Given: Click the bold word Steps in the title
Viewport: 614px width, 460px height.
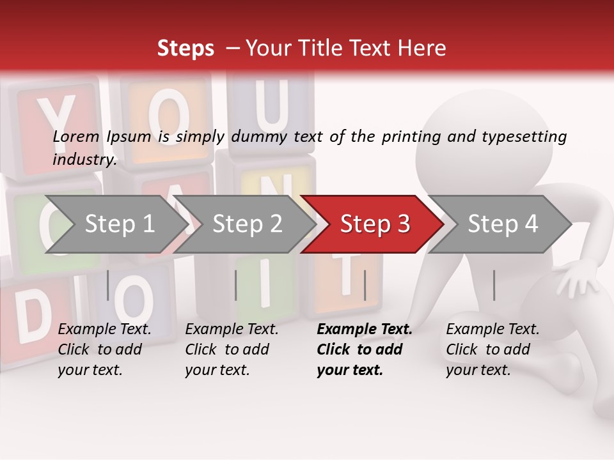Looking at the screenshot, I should pyautogui.click(x=185, y=49).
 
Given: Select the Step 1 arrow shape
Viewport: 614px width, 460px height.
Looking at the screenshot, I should pyautogui.click(x=119, y=224).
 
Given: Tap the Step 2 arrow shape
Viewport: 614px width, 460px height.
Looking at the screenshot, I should pyautogui.click(x=247, y=224).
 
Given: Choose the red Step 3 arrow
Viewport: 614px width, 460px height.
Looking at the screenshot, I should pyautogui.click(x=375, y=224).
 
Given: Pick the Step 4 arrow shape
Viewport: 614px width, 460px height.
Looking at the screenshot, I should pyautogui.click(x=503, y=224).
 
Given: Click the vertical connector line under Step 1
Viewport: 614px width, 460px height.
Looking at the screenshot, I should pyautogui.click(x=107, y=285).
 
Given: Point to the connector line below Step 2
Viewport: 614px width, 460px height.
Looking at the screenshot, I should pyautogui.click(x=236, y=285).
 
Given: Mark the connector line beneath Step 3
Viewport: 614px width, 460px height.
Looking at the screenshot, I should pyautogui.click(x=365, y=285).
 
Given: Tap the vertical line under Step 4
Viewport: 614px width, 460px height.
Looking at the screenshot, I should pyautogui.click(x=494, y=285).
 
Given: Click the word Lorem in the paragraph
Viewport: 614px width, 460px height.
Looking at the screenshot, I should pyautogui.click(x=76, y=137).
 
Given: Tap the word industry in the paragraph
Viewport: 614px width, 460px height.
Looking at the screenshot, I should pyautogui.click(x=84, y=159).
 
